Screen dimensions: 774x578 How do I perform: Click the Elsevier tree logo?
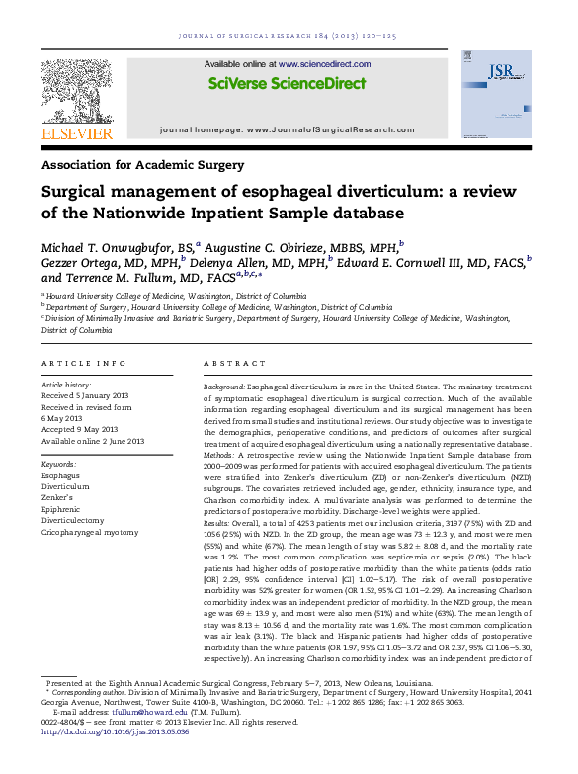point(76,89)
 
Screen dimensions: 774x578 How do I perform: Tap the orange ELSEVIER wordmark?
point(76,132)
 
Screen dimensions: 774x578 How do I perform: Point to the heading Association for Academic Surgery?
point(142,166)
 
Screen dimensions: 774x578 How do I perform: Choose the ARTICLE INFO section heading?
point(84,364)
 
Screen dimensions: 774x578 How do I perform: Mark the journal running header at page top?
point(288,36)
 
